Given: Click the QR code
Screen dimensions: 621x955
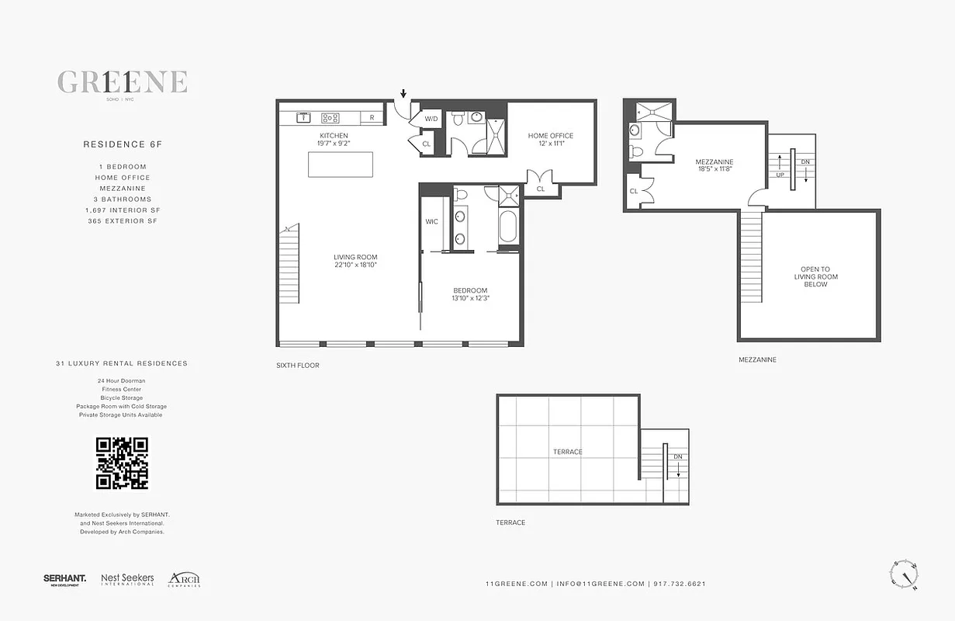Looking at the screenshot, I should (122, 463).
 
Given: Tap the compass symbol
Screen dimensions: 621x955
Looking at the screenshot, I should (903, 575).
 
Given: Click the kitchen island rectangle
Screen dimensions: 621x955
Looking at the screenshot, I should (340, 165).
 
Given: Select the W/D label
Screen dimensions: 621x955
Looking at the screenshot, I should (431, 120).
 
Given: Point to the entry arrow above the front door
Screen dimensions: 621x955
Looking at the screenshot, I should (403, 95).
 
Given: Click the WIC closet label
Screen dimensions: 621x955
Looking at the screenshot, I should (431, 221).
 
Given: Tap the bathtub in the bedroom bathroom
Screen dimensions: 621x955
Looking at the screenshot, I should (507, 228).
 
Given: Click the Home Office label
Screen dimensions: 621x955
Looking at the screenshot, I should (551, 136).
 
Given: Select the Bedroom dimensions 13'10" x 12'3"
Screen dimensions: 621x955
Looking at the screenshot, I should (471, 298).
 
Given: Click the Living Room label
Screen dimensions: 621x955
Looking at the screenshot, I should (355, 257).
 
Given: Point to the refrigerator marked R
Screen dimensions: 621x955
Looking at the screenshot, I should (372, 118).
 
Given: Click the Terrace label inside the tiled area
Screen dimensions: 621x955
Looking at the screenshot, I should (567, 452).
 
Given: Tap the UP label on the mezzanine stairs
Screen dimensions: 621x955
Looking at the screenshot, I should (780, 175).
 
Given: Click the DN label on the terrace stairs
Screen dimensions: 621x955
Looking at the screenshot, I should (678, 457).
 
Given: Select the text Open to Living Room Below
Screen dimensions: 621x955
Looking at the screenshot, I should (815, 277).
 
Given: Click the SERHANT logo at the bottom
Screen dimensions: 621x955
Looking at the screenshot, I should (64, 579).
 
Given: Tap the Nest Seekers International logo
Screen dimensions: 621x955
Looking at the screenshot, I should (127, 579).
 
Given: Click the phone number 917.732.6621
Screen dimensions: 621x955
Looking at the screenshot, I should (680, 584).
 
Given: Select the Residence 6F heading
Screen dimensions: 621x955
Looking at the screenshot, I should (115, 144).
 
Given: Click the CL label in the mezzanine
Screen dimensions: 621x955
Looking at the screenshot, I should (634, 191).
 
